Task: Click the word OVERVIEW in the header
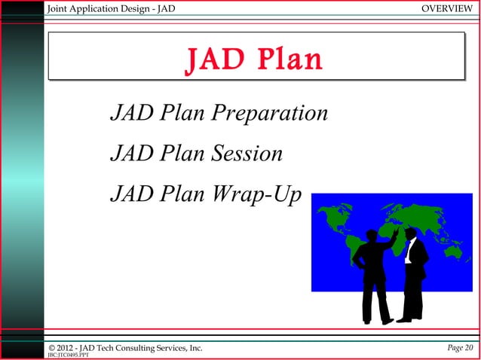pos(448,8)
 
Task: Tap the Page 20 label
pos(458,347)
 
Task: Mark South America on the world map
pos(355,256)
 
